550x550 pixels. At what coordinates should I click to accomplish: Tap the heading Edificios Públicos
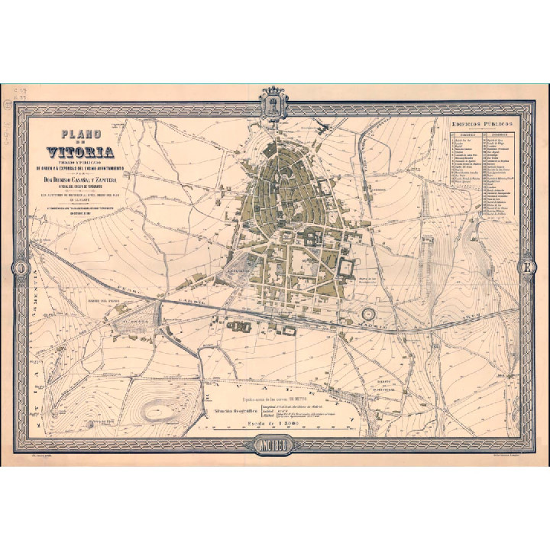point(481,125)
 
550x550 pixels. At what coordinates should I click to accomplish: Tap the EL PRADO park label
point(134,322)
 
